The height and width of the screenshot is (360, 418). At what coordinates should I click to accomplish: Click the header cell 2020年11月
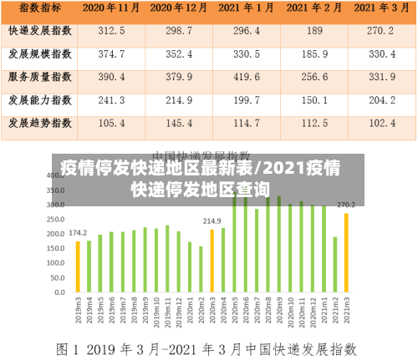click(111, 8)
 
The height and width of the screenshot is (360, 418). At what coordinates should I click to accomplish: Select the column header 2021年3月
click(381, 8)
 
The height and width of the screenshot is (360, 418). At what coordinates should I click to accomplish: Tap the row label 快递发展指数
click(39, 31)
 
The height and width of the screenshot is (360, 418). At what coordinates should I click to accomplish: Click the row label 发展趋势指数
click(39, 123)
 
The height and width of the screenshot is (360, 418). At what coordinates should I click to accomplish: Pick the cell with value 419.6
click(246, 77)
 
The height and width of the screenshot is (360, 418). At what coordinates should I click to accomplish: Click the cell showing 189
click(314, 31)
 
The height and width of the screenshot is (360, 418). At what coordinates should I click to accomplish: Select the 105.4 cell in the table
click(111, 123)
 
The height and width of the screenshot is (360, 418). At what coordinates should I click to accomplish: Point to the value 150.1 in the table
click(314, 100)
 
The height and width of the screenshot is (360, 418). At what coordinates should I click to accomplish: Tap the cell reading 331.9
click(381, 77)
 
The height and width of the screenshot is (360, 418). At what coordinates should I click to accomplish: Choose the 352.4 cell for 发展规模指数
click(179, 54)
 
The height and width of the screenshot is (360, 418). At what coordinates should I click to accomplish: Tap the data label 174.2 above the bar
click(77, 233)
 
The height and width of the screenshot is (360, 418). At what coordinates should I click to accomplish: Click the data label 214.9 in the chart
click(212, 221)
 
